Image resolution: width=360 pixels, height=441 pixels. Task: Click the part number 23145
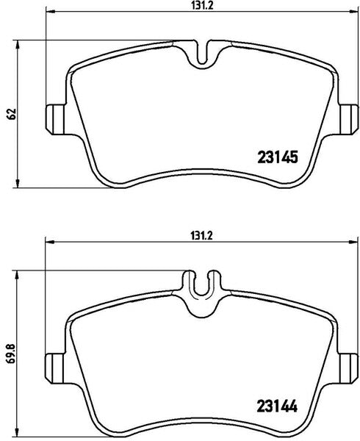(x=278, y=157)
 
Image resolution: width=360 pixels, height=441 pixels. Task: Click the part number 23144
(x=277, y=406)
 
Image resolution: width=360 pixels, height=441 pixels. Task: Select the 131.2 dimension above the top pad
(x=201, y=5)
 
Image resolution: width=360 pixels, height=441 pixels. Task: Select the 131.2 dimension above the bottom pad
(x=201, y=236)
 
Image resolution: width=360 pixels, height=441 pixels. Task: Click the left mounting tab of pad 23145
(x=54, y=120)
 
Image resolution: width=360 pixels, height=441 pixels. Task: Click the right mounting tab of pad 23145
(x=349, y=120)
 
